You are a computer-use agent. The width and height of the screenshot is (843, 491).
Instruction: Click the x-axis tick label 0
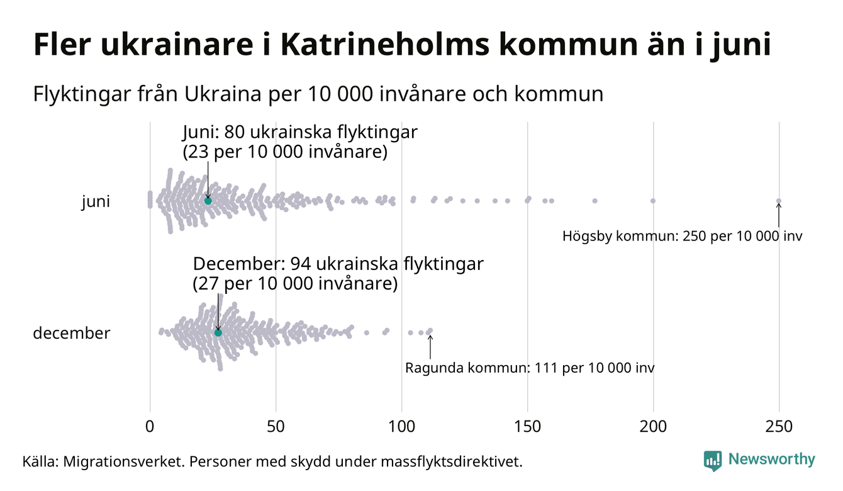click(150, 427)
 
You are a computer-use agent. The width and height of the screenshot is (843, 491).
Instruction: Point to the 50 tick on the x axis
click(276, 427)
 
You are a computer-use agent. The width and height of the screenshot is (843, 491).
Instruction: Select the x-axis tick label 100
click(401, 427)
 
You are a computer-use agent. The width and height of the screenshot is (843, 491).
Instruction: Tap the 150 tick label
click(527, 427)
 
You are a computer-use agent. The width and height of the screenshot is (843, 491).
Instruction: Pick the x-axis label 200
click(653, 427)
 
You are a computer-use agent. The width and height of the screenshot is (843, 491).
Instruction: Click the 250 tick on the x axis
click(779, 427)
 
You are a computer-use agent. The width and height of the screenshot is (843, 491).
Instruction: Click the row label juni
click(96, 202)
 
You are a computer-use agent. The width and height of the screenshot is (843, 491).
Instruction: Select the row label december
click(71, 333)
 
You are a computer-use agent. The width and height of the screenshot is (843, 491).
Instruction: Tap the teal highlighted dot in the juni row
click(208, 200)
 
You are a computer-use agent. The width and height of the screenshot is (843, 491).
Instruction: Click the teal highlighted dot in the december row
click(218, 332)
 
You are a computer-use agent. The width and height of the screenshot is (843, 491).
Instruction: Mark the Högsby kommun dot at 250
click(779, 201)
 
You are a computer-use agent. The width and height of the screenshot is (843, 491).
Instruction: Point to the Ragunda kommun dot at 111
click(430, 330)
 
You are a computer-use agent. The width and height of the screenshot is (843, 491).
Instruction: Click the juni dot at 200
click(653, 201)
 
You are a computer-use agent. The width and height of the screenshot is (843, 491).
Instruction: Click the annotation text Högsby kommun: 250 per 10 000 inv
click(683, 237)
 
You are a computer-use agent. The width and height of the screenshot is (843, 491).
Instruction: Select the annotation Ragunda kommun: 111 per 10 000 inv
click(529, 368)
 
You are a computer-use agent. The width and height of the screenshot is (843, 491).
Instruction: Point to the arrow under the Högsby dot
click(779, 215)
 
